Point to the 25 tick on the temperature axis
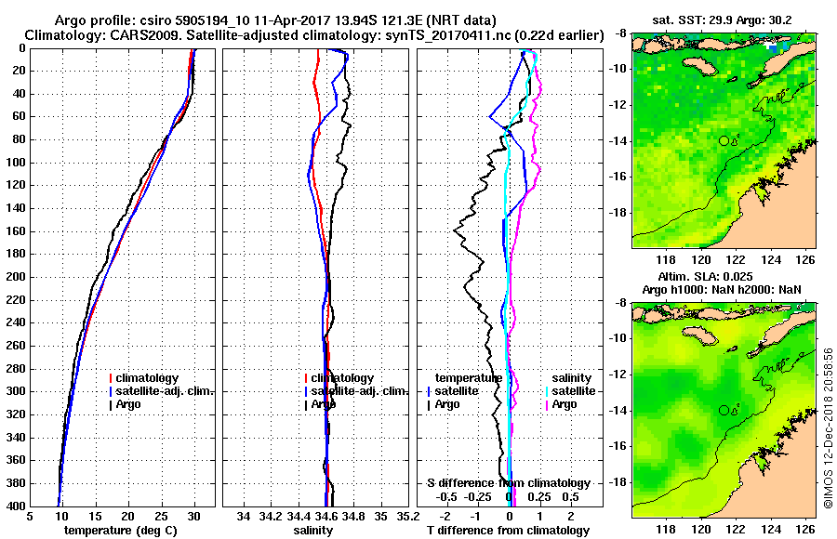tap(161, 515)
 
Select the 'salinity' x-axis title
tap(312, 530)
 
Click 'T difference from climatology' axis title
tap(507, 530)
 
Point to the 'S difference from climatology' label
tap(509, 483)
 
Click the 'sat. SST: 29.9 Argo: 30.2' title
tap(724, 20)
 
